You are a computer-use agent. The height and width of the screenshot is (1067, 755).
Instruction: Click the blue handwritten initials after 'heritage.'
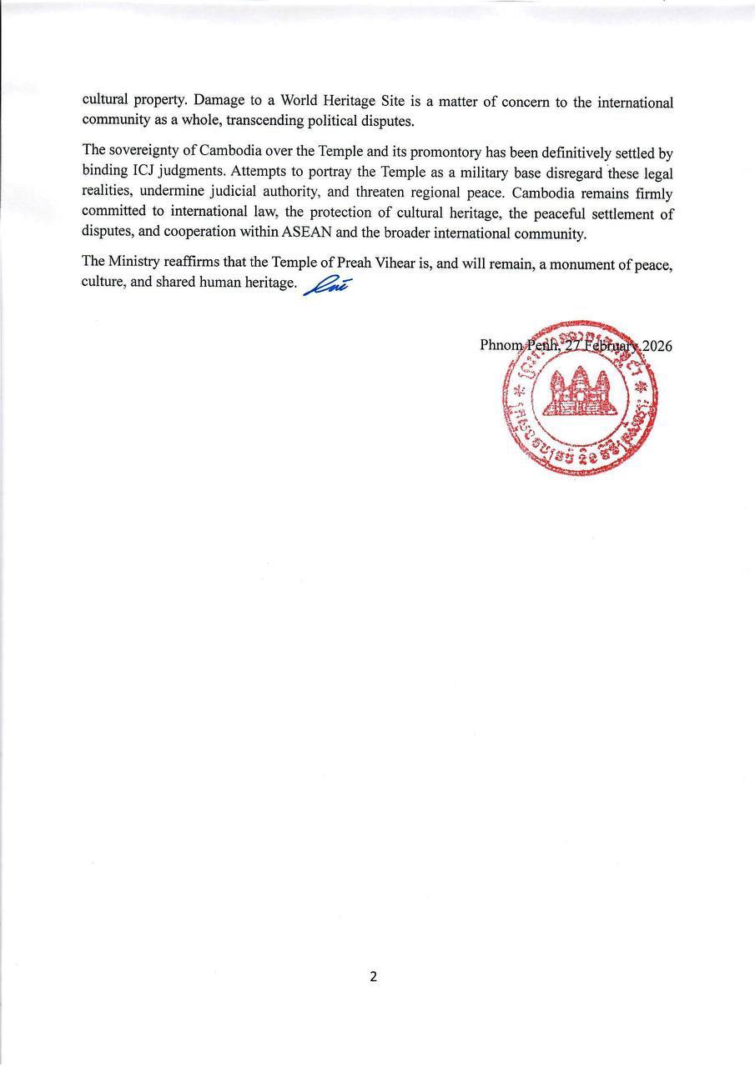(x=326, y=284)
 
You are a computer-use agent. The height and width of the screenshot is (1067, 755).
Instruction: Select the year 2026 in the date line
(x=657, y=346)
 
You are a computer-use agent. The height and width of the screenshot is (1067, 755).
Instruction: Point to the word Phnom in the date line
(x=501, y=346)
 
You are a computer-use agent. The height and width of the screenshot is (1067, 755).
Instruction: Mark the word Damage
(x=218, y=103)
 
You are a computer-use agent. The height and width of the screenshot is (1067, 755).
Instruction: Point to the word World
(x=305, y=103)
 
